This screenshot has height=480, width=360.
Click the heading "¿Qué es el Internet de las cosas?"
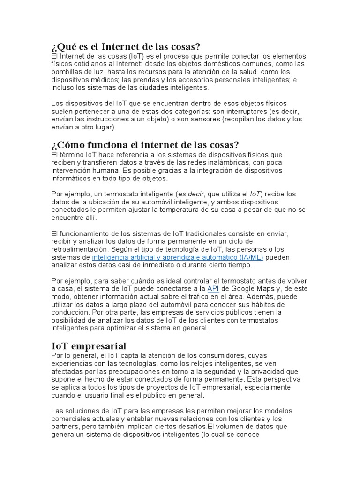pyautogui.click(x=126, y=47)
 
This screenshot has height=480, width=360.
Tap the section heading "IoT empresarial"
pyautogui.click(x=89, y=346)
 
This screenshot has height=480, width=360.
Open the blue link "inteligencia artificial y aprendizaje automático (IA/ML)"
pyautogui.click(x=178, y=257)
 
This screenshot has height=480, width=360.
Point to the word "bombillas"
pyautogui.click(x=66, y=71)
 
